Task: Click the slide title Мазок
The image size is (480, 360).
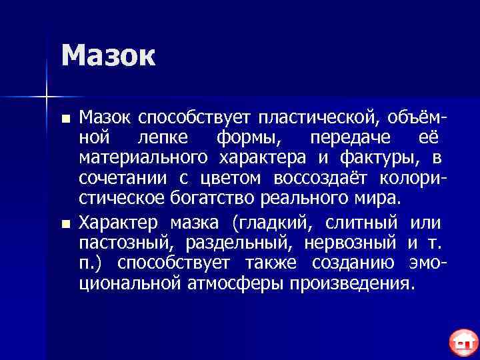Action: click(108, 56)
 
